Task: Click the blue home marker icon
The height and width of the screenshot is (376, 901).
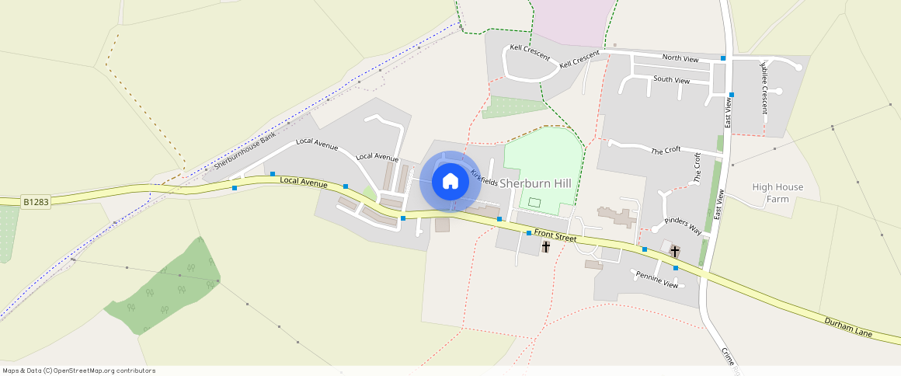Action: [x=449, y=182]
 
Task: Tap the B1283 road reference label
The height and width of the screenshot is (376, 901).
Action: [x=36, y=202]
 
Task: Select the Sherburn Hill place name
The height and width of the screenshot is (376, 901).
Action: [x=535, y=183]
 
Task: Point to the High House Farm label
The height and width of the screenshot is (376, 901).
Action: [x=778, y=193]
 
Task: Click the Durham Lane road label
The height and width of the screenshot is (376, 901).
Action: [x=849, y=326]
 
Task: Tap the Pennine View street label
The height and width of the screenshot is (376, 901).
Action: [x=657, y=280]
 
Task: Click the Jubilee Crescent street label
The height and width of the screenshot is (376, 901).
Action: [x=764, y=86]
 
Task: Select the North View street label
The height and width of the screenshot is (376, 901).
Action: [x=680, y=58]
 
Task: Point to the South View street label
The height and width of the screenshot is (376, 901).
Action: [x=671, y=79]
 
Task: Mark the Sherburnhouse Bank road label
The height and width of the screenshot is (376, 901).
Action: [x=245, y=151]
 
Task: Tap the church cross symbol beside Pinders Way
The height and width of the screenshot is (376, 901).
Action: [x=674, y=252]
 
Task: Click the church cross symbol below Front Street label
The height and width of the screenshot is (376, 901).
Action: [x=545, y=247]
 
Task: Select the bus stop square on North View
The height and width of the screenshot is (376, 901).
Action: [x=723, y=58]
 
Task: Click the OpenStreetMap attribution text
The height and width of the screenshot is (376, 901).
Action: [x=78, y=371]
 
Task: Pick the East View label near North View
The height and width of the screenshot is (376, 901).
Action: [x=729, y=113]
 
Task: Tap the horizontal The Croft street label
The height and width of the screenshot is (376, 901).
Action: [x=665, y=151]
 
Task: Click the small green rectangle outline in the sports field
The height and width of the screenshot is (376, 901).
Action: [x=534, y=202]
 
